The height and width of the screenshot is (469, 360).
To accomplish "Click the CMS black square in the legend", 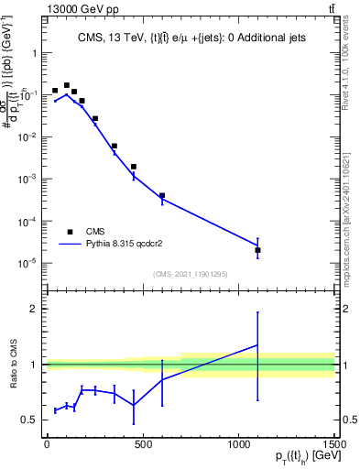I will click(x=70, y=232).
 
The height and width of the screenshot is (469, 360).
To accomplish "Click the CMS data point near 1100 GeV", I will click(x=257, y=250).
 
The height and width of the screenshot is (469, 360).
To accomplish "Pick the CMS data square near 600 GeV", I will click(x=162, y=195).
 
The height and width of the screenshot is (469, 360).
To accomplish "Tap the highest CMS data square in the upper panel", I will click(x=67, y=85).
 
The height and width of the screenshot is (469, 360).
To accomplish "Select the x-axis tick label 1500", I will click(x=333, y=445).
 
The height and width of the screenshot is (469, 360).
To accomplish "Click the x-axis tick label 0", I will click(x=47, y=445).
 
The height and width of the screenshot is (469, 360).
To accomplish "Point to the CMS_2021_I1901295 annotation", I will click(x=191, y=274).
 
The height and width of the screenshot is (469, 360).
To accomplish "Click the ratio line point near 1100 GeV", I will click(x=257, y=345).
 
